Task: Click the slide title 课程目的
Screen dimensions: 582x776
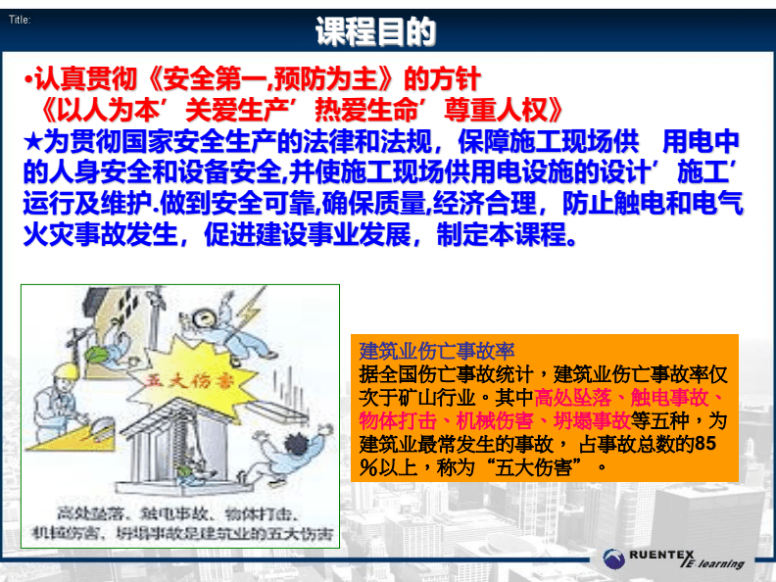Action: click(376, 32)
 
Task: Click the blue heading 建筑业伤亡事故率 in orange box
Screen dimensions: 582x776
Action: click(437, 351)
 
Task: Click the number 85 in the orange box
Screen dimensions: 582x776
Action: click(703, 444)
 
